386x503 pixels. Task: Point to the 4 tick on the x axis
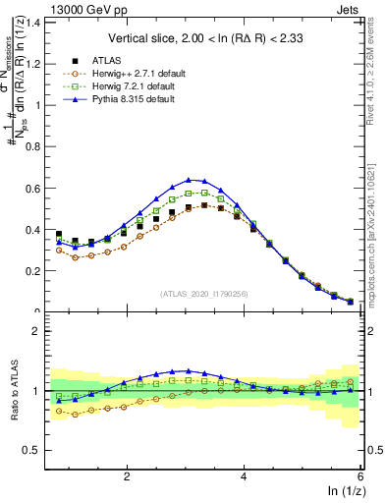pos(245,475)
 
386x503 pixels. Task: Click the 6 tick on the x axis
pos(361,475)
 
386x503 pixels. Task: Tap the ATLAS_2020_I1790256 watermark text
pos(205,294)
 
